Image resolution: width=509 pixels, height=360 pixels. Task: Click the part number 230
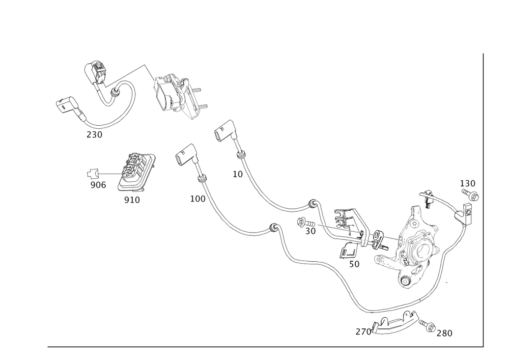94,135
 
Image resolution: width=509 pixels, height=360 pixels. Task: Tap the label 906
98,185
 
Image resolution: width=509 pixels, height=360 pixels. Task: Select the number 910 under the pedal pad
132,200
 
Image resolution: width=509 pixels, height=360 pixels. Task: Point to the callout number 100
197,199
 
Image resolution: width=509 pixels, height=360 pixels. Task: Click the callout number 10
238,174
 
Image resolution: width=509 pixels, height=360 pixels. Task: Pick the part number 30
310,231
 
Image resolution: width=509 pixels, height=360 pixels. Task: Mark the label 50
355,265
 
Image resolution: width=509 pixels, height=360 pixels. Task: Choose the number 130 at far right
467,183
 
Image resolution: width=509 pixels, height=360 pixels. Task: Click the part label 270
362,331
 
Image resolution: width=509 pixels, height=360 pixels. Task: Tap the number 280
444,333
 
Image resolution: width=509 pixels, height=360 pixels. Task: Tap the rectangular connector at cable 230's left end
65,105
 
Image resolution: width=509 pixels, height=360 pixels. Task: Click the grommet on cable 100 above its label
202,178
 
